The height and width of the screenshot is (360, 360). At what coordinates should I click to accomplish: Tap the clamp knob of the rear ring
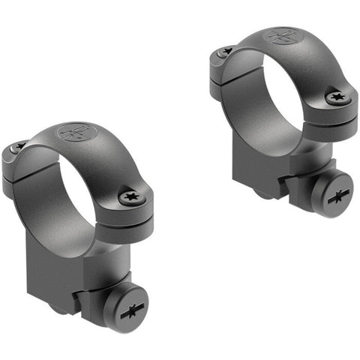(331, 195)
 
